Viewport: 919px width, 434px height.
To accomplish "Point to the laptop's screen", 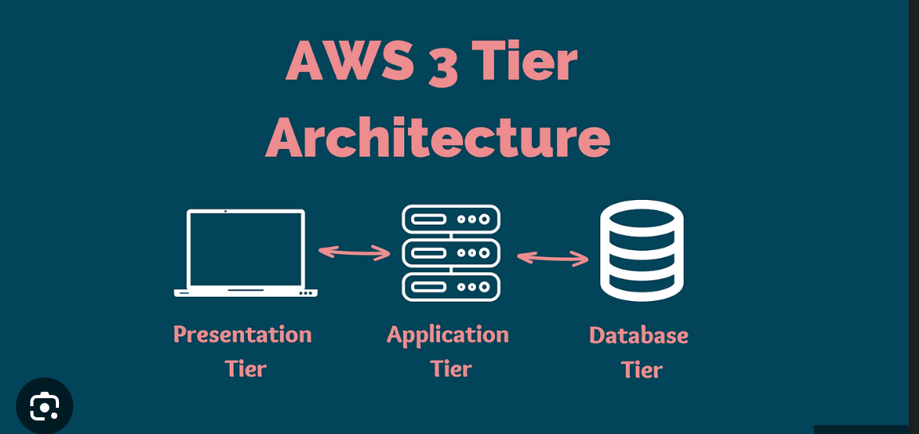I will click(245, 248).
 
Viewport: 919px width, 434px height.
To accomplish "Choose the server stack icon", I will click(451, 252).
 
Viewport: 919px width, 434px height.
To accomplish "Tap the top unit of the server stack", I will click(451, 219).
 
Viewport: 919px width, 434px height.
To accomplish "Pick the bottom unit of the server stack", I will click(451, 287).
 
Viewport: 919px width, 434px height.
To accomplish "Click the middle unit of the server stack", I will click(451, 253).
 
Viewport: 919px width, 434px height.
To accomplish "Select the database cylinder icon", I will click(642, 250).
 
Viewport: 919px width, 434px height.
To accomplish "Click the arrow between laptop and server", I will click(355, 252).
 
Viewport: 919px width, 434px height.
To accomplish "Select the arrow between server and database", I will click(553, 257).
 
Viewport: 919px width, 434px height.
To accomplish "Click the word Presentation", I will click(242, 334).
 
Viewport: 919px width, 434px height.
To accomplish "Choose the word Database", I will click(638, 335).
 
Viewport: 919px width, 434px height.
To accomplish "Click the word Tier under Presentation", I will click(245, 369).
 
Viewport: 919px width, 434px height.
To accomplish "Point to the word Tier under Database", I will click(642, 369).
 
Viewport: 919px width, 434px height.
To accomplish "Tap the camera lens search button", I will click(45, 406).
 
